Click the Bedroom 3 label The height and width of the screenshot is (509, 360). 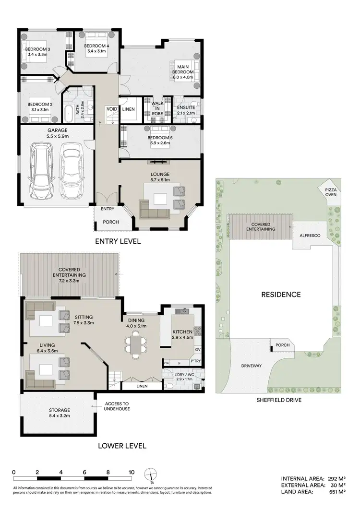pos(36,49)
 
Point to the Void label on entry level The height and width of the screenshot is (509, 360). pos(112,109)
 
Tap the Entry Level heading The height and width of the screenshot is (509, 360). pos(118,241)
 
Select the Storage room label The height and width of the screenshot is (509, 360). pos(60,410)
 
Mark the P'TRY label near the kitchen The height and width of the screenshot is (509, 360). pos(195,361)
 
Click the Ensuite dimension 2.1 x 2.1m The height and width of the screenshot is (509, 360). pos(186,113)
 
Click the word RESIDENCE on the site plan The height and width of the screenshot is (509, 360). pos(280,295)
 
